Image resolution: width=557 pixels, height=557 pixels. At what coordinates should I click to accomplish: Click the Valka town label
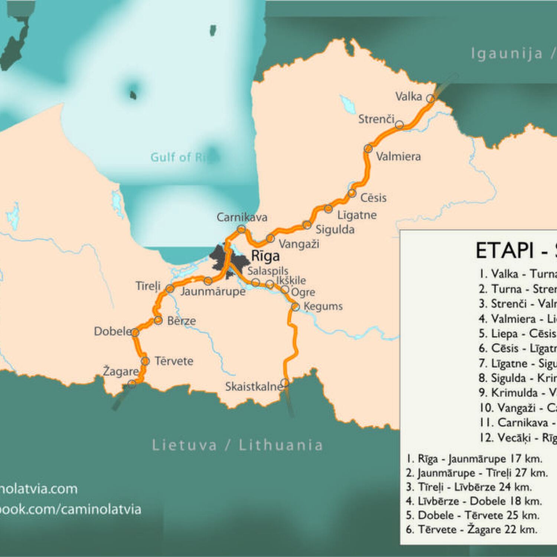pyautogui.click(x=408, y=97)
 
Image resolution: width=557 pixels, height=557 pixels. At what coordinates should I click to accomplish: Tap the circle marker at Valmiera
pyautogui.click(x=368, y=149)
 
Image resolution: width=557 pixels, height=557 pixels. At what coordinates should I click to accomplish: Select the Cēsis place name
pyautogui.click(x=373, y=198)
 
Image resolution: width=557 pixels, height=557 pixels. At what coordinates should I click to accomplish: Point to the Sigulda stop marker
pyautogui.click(x=307, y=225)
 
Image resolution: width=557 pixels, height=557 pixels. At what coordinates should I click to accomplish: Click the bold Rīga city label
pyautogui.click(x=265, y=256)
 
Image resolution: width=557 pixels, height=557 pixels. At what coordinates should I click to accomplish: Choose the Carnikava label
pyautogui.click(x=242, y=217)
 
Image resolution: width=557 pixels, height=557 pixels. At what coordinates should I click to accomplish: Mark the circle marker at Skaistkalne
pyautogui.click(x=285, y=382)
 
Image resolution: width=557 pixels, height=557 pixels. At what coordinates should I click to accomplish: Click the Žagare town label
pyautogui.click(x=121, y=371)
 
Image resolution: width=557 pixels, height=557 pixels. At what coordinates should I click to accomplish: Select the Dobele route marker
pyautogui.click(x=135, y=332)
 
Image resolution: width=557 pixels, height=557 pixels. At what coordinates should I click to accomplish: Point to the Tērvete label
pyautogui.click(x=174, y=361)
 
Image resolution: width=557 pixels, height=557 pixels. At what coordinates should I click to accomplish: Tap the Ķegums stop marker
pyautogui.click(x=295, y=307)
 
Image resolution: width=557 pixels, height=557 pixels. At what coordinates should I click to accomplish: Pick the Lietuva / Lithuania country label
pyautogui.click(x=238, y=445)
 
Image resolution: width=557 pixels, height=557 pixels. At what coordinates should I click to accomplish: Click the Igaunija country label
pyautogui.click(x=507, y=53)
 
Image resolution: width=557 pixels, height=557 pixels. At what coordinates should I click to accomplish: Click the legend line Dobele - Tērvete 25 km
pyautogui.click(x=472, y=515)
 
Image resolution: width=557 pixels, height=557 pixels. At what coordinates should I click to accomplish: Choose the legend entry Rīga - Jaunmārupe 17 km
pyautogui.click(x=474, y=459)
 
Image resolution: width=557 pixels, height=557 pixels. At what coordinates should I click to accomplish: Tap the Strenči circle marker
pyautogui.click(x=399, y=124)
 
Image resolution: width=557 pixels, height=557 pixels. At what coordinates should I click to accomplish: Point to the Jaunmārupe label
pyautogui.click(x=213, y=291)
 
